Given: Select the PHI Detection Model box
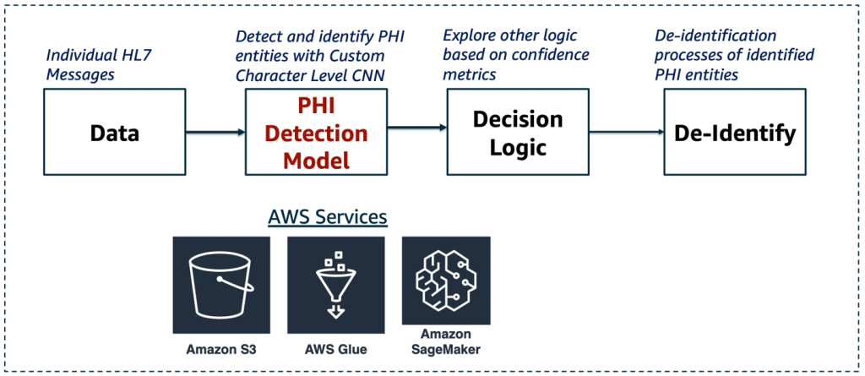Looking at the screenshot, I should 316,132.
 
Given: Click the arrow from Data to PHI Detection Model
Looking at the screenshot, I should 215,132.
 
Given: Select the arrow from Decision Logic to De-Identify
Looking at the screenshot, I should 625,132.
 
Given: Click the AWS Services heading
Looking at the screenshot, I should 327,217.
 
